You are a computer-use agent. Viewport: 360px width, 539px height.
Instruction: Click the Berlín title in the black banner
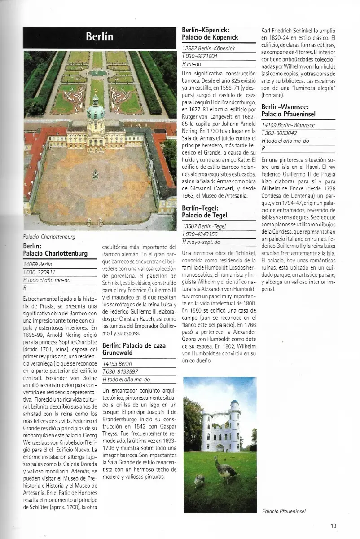coord(100,37)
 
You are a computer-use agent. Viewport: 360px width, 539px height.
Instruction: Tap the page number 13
coord(334,526)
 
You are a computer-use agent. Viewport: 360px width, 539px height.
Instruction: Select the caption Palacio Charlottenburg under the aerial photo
coord(49,236)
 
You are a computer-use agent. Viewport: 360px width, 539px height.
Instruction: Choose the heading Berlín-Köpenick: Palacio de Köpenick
coord(210,34)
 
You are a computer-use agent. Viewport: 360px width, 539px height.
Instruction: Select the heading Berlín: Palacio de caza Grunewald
coord(134,349)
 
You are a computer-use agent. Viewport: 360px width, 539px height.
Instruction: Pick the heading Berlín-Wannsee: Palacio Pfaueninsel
coord(285,111)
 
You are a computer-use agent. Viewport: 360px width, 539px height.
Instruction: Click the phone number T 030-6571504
coord(200,56)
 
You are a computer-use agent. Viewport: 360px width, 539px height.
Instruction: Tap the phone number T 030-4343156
coord(200,234)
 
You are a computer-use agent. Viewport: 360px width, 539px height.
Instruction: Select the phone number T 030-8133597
coord(120,371)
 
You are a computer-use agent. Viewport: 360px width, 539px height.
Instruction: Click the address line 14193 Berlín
coord(117,363)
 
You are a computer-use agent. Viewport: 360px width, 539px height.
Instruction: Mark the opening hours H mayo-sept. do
coord(201,242)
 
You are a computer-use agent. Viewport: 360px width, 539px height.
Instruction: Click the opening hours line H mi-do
coord(192,64)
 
